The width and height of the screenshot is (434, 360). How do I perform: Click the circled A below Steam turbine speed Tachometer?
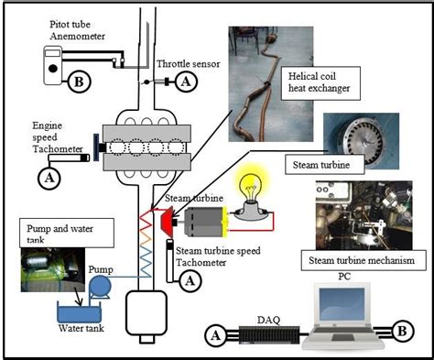[x=190, y=282]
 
